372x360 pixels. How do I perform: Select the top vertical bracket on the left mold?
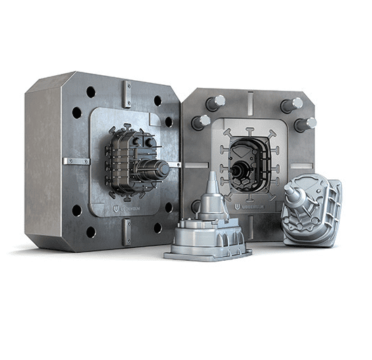[x=127, y=92]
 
